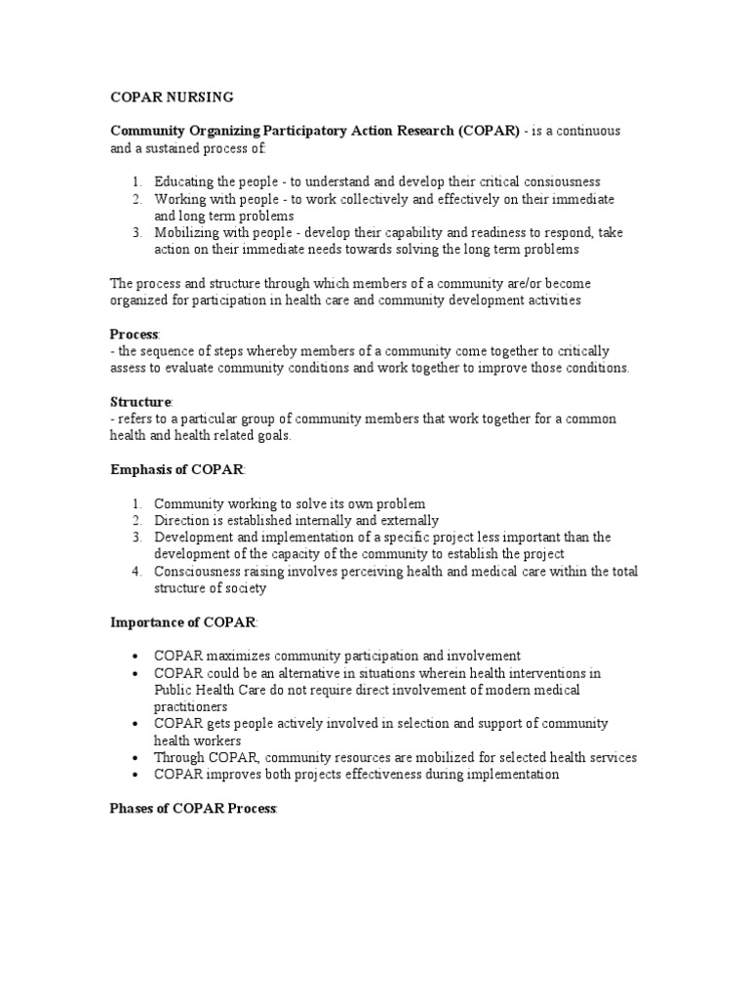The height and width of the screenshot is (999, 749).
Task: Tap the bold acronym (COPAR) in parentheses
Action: pyautogui.click(x=484, y=132)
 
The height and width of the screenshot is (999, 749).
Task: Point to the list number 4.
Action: pyautogui.click(x=138, y=571)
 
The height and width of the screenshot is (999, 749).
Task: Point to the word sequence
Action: pyautogui.click(x=166, y=351)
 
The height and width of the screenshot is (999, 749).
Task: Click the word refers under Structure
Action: pyautogui.click(x=135, y=419)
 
